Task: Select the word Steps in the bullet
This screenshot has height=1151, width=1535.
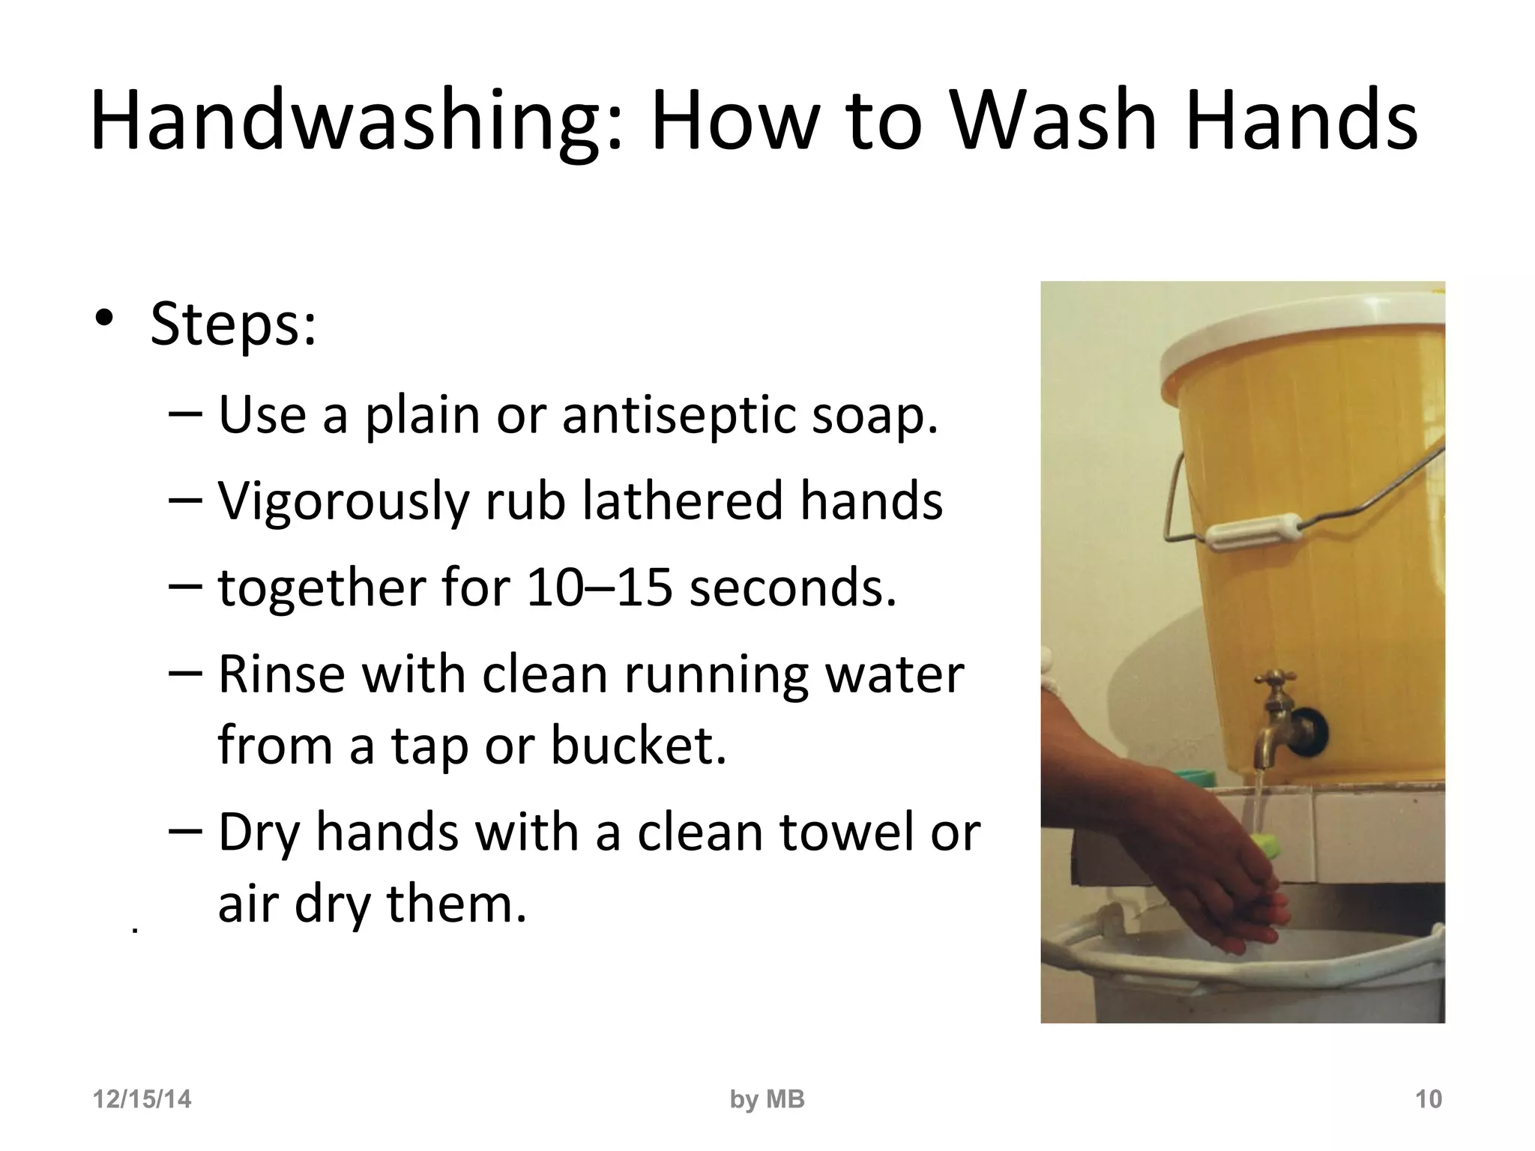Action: [x=232, y=324]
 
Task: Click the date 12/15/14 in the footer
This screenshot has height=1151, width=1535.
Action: [x=142, y=1099]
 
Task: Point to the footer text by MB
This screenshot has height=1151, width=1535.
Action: [x=767, y=1099]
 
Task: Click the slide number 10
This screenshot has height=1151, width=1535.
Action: [x=1428, y=1099]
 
